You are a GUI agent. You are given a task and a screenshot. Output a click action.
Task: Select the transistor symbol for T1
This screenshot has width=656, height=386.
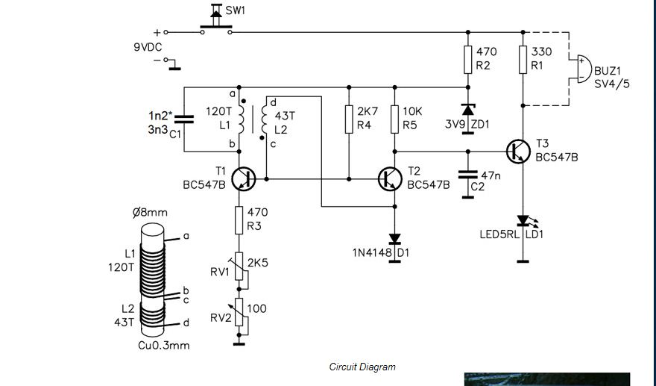point(244,179)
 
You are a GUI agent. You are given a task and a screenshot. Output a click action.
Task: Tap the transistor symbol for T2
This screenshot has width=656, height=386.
point(390,179)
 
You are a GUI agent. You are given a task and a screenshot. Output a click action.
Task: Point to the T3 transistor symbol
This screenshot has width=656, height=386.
point(518,152)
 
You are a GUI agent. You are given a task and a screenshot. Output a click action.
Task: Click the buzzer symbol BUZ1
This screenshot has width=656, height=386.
point(584,69)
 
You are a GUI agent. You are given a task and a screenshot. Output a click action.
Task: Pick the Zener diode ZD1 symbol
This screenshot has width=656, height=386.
point(467,110)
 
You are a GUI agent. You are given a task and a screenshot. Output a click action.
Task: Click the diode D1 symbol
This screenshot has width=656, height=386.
point(394,239)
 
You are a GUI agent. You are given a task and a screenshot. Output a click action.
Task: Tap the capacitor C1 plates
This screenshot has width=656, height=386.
point(183,119)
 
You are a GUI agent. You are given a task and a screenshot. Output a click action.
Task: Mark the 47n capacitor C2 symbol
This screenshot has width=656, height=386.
point(467,175)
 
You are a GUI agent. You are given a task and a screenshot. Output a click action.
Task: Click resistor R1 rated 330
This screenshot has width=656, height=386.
point(523,60)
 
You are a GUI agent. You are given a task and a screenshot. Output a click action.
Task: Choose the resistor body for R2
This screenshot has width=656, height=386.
point(467,60)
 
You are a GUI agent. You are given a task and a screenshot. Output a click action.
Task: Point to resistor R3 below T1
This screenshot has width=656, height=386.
point(239,220)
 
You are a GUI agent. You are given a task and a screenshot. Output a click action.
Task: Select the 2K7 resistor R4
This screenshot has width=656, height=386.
point(349,119)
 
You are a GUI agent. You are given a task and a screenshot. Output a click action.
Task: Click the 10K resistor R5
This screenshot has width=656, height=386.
point(394,119)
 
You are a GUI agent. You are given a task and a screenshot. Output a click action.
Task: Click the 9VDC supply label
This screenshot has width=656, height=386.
point(148,47)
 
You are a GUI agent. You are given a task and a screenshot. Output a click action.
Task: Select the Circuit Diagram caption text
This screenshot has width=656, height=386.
point(362,367)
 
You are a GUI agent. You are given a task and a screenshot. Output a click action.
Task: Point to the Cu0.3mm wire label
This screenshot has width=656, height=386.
point(163,346)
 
